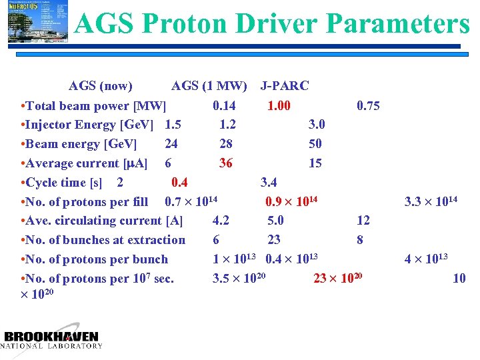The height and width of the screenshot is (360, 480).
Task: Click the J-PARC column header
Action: [x=285, y=86]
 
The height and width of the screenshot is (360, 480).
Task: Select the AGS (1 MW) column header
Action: [x=209, y=86]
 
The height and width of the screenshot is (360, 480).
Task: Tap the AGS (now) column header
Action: [x=101, y=86]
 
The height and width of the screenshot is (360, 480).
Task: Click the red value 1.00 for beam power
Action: [x=279, y=105]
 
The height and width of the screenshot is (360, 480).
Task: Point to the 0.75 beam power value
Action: [x=368, y=105]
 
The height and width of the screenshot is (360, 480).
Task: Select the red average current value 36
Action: [x=226, y=163]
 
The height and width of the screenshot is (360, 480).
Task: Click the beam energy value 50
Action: [x=315, y=144]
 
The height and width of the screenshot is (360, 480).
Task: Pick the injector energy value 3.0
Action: [x=317, y=125]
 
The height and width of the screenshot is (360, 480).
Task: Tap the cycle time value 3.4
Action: [x=269, y=183]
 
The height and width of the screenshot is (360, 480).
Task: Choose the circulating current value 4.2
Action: [x=221, y=221]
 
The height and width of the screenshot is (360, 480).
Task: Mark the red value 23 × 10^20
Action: [x=337, y=279]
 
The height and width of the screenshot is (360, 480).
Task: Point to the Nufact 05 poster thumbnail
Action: [x=37, y=21]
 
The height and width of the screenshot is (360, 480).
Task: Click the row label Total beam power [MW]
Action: [x=93, y=105]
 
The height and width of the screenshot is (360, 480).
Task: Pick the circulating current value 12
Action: [x=363, y=221]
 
